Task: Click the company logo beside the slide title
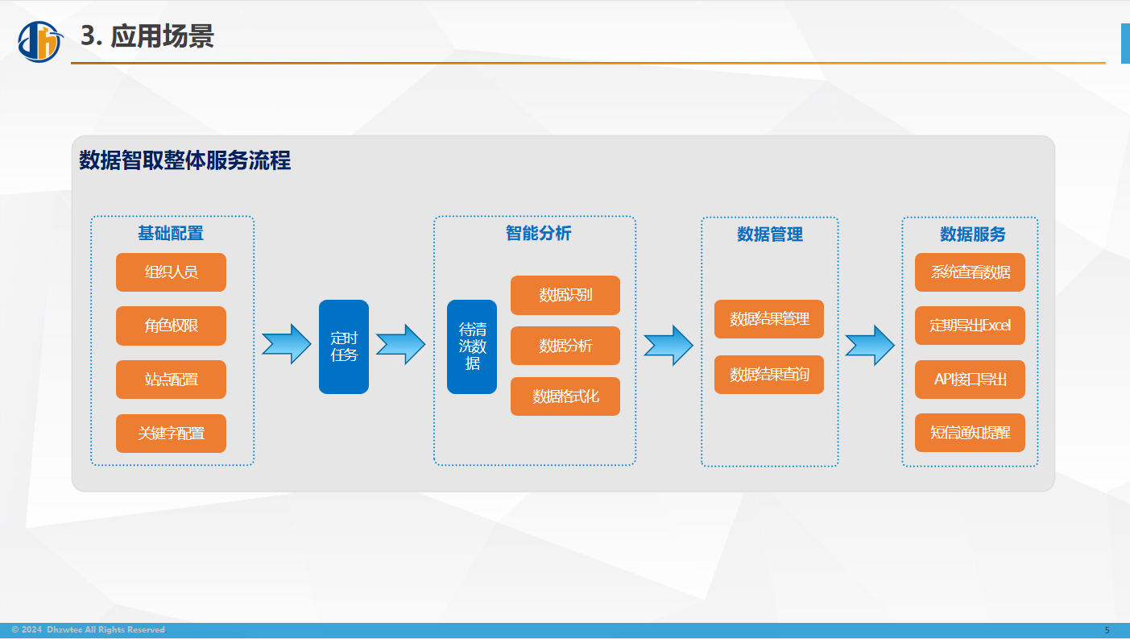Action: [40, 41]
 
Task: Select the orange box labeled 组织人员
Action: [171, 272]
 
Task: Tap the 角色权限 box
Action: [171, 326]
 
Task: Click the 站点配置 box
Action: [171, 379]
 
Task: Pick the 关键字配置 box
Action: [171, 433]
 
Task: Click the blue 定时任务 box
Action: [344, 346]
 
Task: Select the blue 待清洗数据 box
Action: [472, 346]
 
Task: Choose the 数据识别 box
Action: [565, 295]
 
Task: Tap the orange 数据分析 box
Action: [565, 346]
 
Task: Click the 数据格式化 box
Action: [565, 396]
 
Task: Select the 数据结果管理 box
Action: [769, 319]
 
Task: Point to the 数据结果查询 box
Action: [769, 375]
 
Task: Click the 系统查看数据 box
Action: [970, 272]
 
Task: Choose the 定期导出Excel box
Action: [970, 326]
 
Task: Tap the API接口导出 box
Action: [970, 379]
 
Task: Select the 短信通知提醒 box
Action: [970, 433]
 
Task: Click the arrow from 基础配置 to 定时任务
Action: [287, 344]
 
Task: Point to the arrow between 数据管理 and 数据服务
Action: [870, 345]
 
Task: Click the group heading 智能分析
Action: [538, 233]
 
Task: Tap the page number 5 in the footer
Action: [1107, 630]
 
